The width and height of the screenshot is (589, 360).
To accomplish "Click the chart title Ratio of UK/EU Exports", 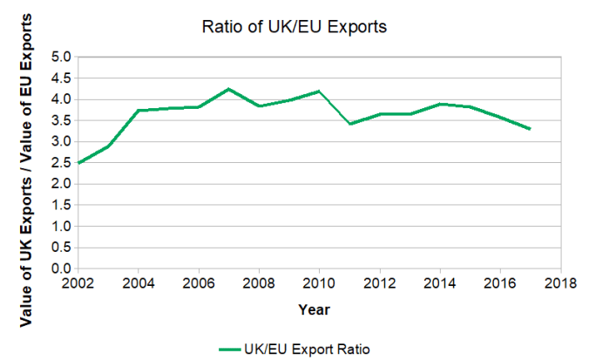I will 293,27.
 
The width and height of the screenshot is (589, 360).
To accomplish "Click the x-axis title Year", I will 314,309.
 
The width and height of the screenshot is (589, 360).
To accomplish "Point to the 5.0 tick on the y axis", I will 62,57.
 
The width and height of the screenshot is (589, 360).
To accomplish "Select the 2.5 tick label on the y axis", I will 62,163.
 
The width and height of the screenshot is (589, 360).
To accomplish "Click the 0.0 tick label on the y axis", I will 62,269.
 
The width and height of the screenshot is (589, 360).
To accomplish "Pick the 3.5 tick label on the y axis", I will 62,120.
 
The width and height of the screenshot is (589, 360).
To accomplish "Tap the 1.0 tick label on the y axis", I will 62,227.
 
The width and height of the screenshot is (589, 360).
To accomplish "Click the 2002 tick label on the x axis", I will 78,284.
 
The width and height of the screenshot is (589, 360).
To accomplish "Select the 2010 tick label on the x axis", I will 319,284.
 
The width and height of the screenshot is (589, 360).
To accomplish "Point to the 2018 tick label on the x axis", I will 559,284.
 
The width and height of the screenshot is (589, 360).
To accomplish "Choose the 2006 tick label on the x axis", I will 199,284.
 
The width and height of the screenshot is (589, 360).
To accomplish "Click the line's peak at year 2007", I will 228,89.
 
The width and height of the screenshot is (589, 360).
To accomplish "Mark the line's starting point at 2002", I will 78,163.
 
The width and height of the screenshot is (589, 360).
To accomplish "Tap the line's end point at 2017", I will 530,129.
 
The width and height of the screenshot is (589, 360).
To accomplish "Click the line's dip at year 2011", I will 349,124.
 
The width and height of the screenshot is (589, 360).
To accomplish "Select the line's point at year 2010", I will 319,92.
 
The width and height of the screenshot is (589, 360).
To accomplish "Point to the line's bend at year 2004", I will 139,110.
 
